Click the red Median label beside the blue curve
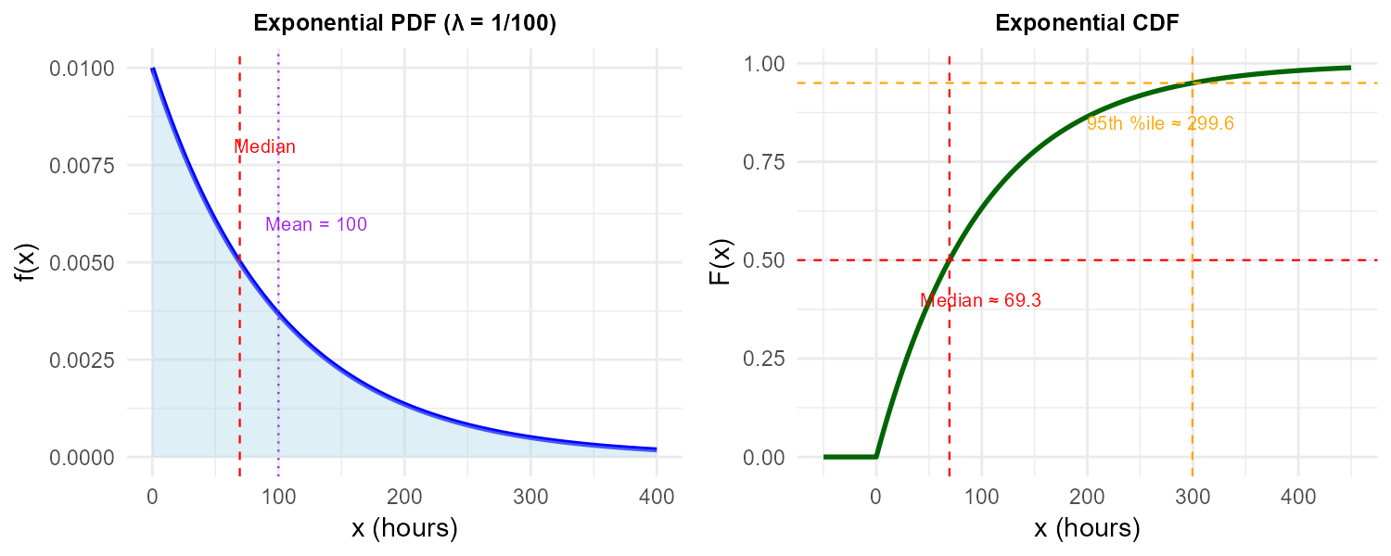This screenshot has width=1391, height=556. click(264, 146)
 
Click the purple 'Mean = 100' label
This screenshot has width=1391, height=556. click(316, 224)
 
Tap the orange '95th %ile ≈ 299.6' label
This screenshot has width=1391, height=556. click(1160, 123)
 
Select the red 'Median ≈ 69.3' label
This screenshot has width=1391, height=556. click(980, 300)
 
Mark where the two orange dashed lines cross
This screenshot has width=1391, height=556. click(1193, 83)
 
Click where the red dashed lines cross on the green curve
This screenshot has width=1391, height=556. click(950, 260)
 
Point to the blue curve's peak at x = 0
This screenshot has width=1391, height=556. click(152, 69)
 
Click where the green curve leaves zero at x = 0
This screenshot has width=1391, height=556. click(876, 457)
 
